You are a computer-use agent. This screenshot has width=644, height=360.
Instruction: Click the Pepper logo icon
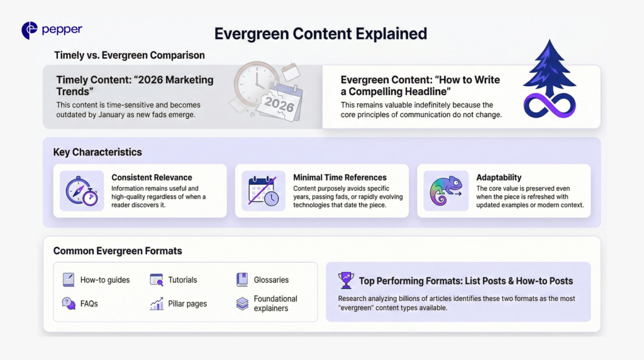[x=29, y=30]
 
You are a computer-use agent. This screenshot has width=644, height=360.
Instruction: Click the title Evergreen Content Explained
[x=321, y=33]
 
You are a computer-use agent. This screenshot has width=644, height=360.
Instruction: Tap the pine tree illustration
[x=549, y=68]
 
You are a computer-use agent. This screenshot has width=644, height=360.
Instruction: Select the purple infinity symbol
[x=550, y=104]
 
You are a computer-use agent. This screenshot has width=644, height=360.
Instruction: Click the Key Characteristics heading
[x=97, y=152]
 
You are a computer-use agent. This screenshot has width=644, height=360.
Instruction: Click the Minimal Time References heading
[x=340, y=177]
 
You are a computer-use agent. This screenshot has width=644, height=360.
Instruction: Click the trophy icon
[x=346, y=280]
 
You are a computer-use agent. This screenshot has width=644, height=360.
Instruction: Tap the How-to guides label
[x=105, y=279]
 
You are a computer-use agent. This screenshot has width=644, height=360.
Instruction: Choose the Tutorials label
[x=182, y=279]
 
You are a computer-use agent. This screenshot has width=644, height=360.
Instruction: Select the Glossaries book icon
[x=242, y=279]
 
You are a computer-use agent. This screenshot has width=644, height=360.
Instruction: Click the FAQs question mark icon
[x=69, y=303]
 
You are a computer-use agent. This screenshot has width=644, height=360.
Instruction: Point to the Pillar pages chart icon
[x=157, y=303]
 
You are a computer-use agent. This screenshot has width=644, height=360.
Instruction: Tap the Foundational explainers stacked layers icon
[x=242, y=303]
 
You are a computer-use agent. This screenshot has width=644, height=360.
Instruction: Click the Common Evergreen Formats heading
[x=118, y=251]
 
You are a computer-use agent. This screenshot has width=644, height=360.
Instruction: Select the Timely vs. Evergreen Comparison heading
[x=130, y=55]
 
